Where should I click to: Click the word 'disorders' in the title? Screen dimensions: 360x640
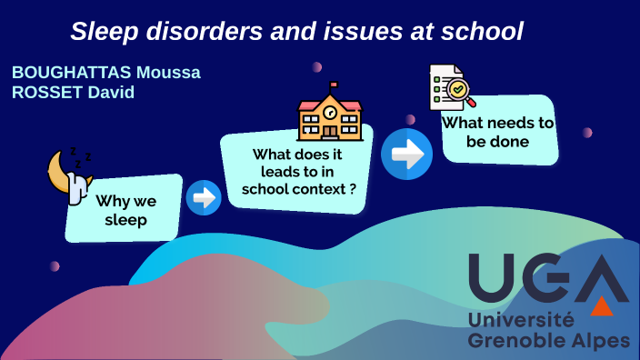click(x=189, y=32)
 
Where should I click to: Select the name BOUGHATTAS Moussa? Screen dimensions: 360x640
click(x=106, y=72)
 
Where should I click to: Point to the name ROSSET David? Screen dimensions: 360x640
click(x=74, y=92)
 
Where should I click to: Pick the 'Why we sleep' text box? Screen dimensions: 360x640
click(x=125, y=210)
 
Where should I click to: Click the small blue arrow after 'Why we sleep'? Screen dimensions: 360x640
click(x=204, y=197)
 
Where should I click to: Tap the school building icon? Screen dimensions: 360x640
click(x=330, y=114)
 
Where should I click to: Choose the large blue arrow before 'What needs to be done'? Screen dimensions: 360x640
click(x=406, y=155)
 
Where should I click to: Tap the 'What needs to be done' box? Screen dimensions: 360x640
click(x=498, y=132)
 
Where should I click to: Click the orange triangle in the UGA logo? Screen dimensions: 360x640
click(x=602, y=306)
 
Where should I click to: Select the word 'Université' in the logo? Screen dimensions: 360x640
click(x=521, y=319)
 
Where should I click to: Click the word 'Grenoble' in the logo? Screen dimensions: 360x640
click(x=512, y=341)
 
